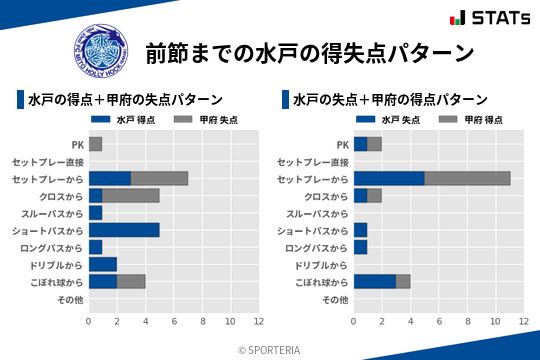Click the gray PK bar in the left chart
click(x=95, y=144)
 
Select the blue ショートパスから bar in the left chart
click(x=124, y=230)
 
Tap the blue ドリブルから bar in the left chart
click(x=103, y=264)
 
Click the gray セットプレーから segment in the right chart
click(x=467, y=178)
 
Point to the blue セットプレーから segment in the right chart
click(x=389, y=178)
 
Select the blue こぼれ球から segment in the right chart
click(x=375, y=281)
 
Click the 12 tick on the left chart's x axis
click(x=259, y=322)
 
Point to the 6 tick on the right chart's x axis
click(x=439, y=322)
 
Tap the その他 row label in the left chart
click(x=70, y=299)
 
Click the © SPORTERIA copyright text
click(x=269, y=350)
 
